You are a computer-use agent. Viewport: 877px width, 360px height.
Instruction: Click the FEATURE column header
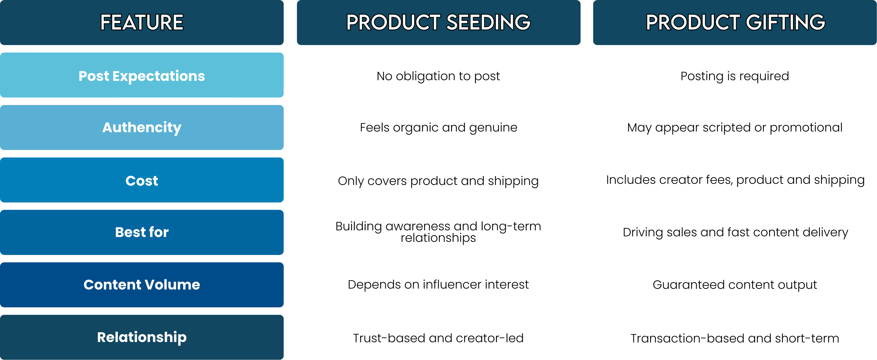pos(142,23)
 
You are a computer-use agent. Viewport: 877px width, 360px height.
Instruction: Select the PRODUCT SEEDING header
pos(438,23)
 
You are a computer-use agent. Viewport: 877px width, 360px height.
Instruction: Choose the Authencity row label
pos(142,128)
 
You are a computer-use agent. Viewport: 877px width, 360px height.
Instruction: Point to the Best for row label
pos(142,232)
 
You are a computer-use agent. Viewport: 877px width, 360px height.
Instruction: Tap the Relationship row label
pos(142,337)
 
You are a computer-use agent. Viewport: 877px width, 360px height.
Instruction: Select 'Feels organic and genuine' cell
pos(438,128)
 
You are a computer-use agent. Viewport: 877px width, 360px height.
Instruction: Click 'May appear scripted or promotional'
pos(735,128)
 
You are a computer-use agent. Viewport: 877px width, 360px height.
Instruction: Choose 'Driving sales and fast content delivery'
pos(735,232)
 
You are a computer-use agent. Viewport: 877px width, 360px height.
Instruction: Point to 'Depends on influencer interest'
pos(438,284)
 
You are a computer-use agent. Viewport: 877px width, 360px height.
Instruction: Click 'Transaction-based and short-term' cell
pos(735,338)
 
